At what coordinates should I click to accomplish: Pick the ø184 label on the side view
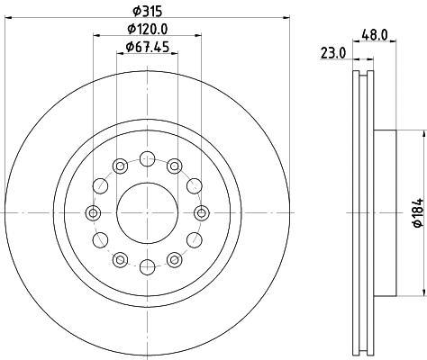[x=415, y=214]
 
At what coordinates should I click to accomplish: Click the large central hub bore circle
[x=146, y=212]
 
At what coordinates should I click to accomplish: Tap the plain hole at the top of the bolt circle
[x=146, y=159]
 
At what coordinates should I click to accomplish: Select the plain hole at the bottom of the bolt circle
[x=146, y=265]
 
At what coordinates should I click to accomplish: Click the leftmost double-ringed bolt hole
[x=92, y=212]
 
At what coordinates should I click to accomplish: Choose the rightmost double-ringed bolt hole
[x=200, y=212]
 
